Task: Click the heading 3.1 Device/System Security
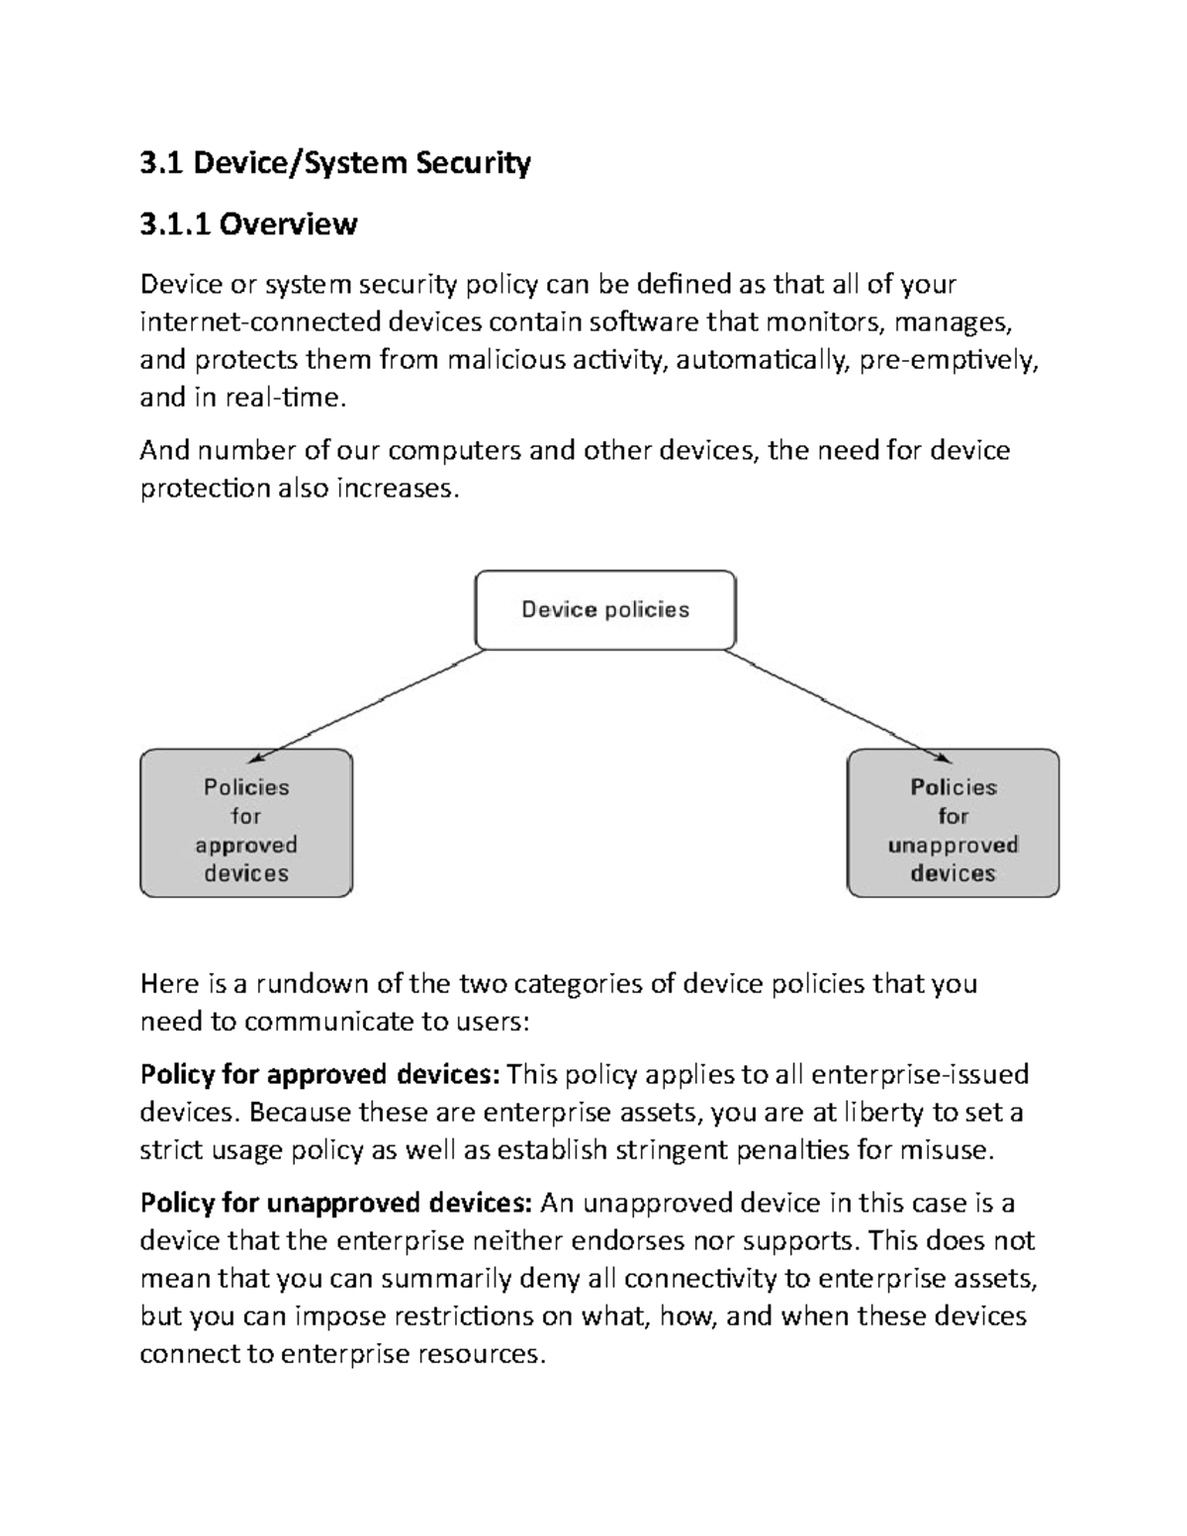pos(335,162)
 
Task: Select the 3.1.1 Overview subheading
pos(248,225)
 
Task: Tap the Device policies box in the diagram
pos(605,609)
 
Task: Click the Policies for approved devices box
pos(246,824)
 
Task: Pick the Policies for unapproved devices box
pos(953,824)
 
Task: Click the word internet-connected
pos(260,321)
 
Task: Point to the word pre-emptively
pos(949,359)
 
